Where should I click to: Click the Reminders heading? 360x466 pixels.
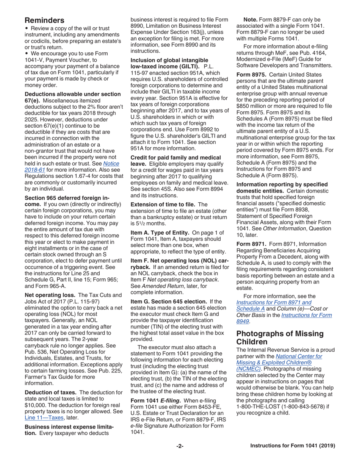[44, 20]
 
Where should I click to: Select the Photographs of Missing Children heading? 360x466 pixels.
[280, 338]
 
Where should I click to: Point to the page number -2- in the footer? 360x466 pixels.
[180, 446]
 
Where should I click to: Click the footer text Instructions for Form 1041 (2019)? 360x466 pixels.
[293, 446]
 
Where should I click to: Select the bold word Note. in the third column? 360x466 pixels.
[250, 20]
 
